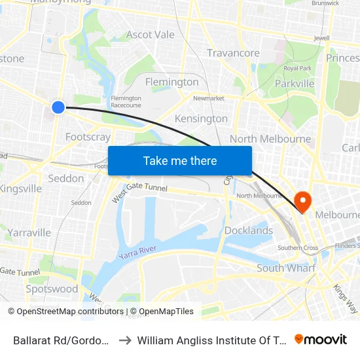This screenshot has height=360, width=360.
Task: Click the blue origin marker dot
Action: coord(58,107)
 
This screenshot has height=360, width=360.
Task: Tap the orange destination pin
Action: coord(303,200)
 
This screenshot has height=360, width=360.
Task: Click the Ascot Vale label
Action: coord(151,35)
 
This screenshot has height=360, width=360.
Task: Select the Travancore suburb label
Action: coord(233,53)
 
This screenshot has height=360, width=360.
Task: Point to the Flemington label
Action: coord(171,82)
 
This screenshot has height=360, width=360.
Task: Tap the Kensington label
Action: coord(201,118)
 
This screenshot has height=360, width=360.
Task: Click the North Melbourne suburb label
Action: coord(270,139)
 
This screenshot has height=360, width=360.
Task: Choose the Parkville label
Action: coord(295,84)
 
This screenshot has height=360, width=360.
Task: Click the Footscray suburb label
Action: coord(88,137)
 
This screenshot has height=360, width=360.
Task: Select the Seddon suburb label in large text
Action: coord(66,178)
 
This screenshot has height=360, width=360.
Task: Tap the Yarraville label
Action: coord(29,232)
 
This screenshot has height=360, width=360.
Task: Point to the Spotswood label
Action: coord(52,289)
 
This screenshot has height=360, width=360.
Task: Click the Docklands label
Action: coord(249,230)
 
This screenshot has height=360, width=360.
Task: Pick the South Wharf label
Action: coord(286,268)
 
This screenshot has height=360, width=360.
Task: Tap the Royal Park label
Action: coord(297,68)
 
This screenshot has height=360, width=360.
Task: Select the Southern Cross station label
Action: coord(298,248)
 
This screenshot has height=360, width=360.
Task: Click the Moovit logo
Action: coord(321,339)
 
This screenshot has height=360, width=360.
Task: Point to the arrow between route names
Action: coord(124,340)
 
